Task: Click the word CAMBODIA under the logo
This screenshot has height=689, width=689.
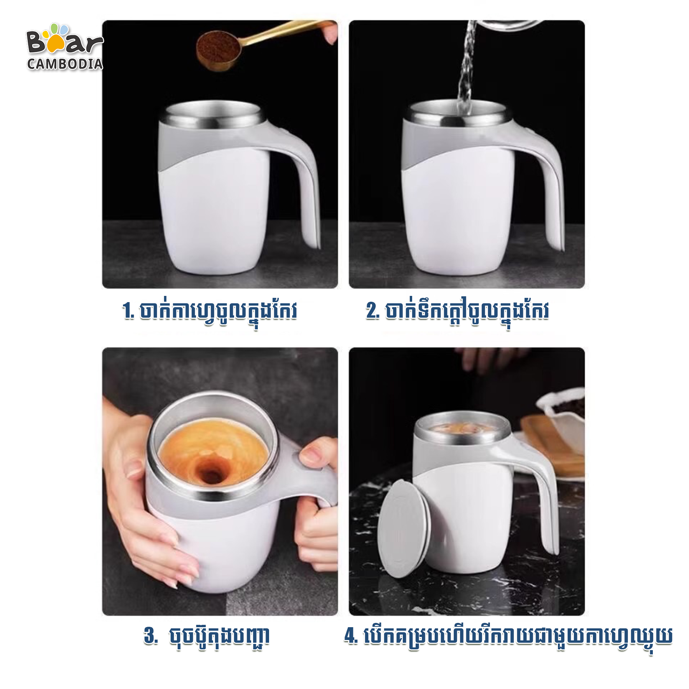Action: [65, 64]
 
